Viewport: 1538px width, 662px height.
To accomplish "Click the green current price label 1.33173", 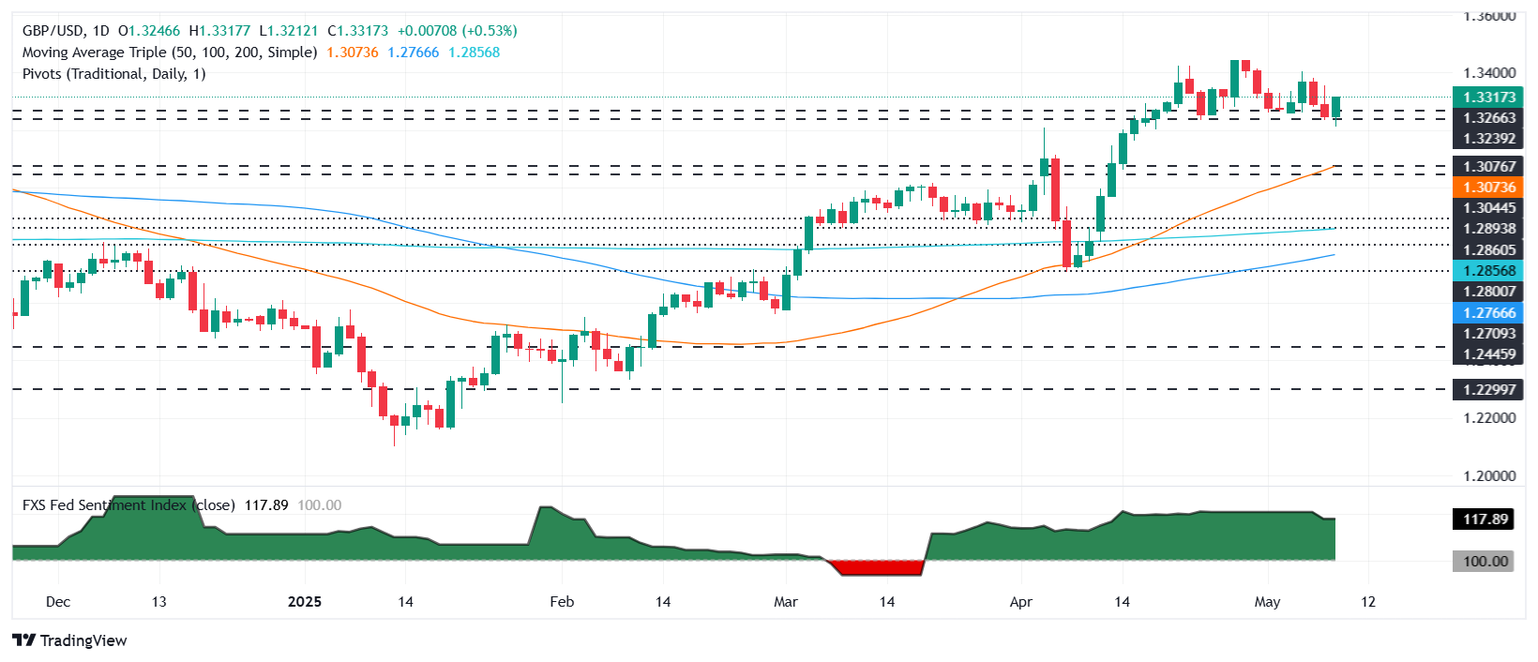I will pyautogui.click(x=1488, y=97).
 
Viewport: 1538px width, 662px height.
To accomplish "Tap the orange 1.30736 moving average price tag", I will pyautogui.click(x=1488, y=188).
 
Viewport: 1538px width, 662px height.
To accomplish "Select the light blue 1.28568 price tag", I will pyautogui.click(x=1488, y=270).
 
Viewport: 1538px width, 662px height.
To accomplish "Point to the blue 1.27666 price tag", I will pyautogui.click(x=1488, y=312).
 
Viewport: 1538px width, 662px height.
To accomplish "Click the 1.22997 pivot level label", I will pyautogui.click(x=1488, y=389).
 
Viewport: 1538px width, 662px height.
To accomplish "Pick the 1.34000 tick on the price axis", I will pyautogui.click(x=1488, y=72).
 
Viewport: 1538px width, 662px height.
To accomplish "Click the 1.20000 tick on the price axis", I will pyautogui.click(x=1488, y=475).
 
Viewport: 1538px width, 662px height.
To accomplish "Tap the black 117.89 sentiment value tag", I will pyautogui.click(x=1485, y=519).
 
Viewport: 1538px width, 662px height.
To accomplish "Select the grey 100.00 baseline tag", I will pyautogui.click(x=1485, y=561).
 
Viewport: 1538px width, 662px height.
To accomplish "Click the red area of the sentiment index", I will pyautogui.click(x=877, y=567).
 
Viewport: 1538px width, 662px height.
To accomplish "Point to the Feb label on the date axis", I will pyautogui.click(x=562, y=601).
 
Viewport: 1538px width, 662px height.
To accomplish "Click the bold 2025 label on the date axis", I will pyautogui.click(x=304, y=601).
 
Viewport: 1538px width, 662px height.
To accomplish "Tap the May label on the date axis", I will pyautogui.click(x=1267, y=601).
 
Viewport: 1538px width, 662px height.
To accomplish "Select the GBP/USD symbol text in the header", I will pyautogui.click(x=53, y=31).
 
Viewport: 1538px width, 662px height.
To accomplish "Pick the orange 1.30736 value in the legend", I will pyautogui.click(x=353, y=53).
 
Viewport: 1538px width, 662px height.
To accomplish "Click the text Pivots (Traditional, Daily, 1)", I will pyautogui.click(x=113, y=73).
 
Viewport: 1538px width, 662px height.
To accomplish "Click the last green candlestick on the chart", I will pyautogui.click(x=1335, y=106).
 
